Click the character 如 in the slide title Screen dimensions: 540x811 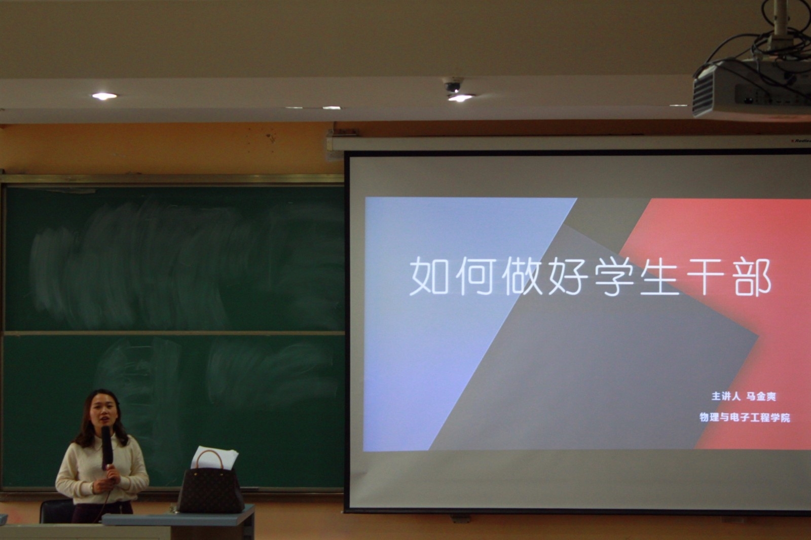(x=429, y=277)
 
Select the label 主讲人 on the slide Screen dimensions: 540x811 (x=726, y=397)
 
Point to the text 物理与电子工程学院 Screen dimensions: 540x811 (x=745, y=418)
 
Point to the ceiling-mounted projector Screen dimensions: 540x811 (x=750, y=89)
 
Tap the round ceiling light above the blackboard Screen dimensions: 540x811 (x=104, y=96)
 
